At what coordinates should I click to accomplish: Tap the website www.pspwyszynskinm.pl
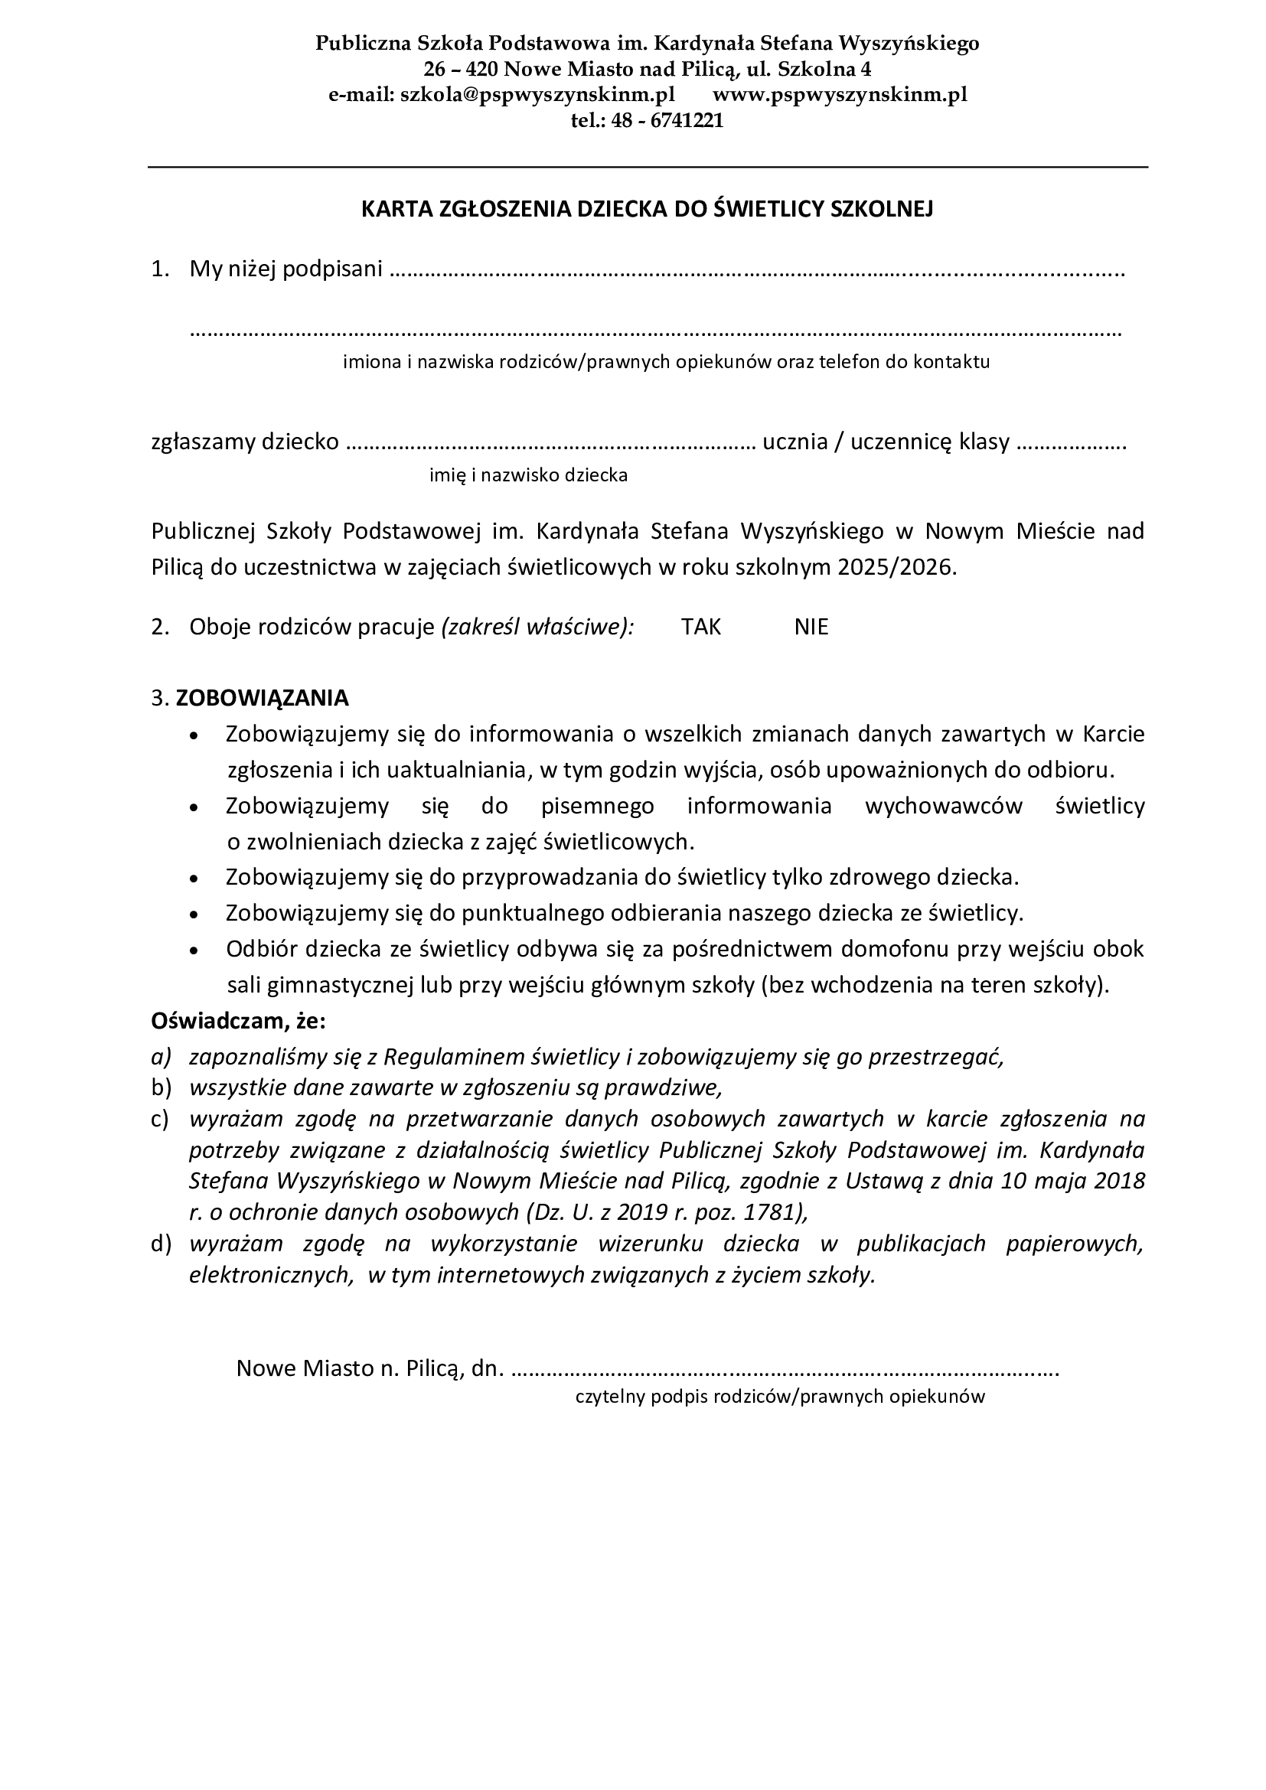(x=840, y=95)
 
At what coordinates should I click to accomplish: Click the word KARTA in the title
(x=390, y=210)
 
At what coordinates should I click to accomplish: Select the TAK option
(x=701, y=628)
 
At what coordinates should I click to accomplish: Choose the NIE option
(x=811, y=628)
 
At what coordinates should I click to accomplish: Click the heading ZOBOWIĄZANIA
(x=262, y=698)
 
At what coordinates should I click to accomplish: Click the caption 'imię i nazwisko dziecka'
(x=529, y=474)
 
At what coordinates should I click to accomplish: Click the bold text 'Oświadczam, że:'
(x=239, y=1021)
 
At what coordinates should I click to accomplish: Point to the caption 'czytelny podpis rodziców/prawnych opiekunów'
(x=780, y=1397)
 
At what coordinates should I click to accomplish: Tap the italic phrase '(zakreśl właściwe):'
(x=538, y=628)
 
